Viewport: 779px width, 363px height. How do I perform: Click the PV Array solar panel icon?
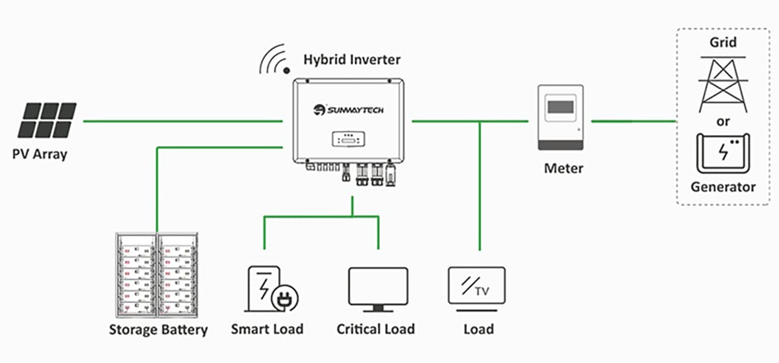pos(47,120)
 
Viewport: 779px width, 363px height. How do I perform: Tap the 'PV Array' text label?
pos(40,154)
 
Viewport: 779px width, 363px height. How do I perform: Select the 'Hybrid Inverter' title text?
pos(352,60)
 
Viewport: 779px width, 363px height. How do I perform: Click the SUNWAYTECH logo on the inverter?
pos(348,110)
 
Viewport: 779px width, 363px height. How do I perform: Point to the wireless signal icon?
pos(275,59)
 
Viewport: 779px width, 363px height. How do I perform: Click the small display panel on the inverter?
pos(349,139)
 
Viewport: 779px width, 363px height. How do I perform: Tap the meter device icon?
pos(561,118)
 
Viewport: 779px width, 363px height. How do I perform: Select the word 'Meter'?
pos(563,168)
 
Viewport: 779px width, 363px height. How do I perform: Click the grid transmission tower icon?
pos(723,84)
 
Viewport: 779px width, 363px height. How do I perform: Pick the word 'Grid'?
pos(723,42)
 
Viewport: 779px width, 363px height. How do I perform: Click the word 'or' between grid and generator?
pos(723,121)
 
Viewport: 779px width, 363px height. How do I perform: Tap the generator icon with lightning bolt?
pos(723,153)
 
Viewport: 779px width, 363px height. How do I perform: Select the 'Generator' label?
pos(723,187)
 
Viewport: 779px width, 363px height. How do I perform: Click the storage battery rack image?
pos(157,275)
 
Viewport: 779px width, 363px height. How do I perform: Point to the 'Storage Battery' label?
pos(158,330)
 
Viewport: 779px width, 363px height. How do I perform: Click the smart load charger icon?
pos(271,289)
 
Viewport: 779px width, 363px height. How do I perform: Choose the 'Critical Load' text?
pos(376,329)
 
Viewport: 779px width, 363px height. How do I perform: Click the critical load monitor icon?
pos(378,290)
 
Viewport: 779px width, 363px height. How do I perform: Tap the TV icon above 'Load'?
pos(476,289)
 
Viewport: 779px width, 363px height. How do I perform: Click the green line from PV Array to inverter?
pos(183,121)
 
